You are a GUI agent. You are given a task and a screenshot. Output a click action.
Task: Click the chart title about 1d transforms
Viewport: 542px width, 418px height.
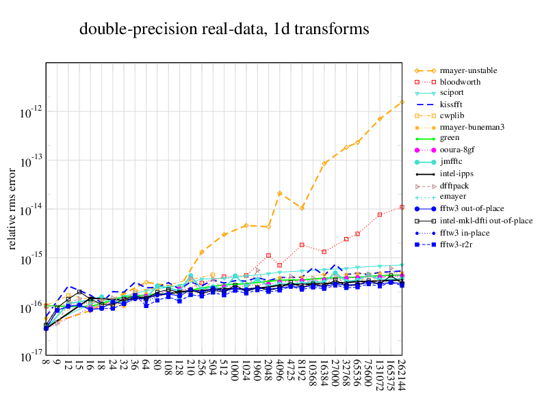224,29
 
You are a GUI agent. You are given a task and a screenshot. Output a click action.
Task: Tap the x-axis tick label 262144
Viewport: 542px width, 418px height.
402,376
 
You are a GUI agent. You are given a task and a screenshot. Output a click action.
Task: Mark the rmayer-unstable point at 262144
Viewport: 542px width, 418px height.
402,102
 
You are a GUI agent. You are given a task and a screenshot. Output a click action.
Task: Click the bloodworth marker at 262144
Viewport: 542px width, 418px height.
402,207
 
